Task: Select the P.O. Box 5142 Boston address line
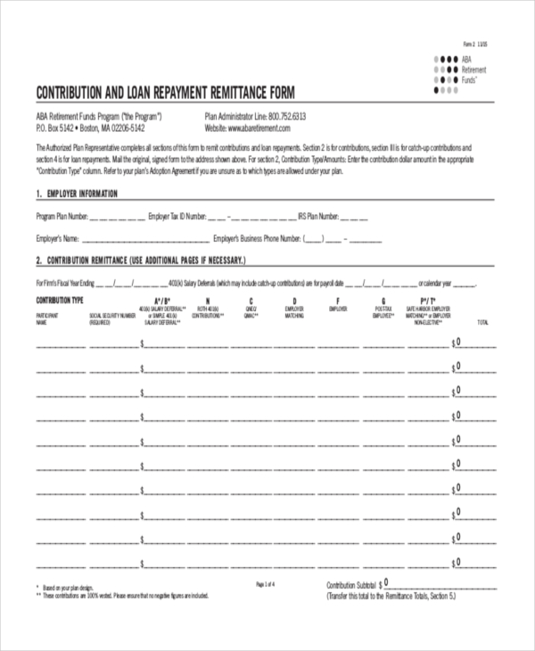point(89,128)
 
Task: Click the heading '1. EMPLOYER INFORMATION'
point(77,194)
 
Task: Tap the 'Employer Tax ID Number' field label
point(177,216)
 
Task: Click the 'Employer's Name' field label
point(58,239)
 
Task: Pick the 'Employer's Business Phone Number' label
point(257,239)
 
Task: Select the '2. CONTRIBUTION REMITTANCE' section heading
point(139,260)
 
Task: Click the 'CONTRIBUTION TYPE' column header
point(60,300)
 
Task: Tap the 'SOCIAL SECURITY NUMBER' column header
point(112,316)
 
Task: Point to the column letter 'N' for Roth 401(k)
point(208,301)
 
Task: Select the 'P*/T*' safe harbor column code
point(428,301)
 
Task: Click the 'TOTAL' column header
point(483,322)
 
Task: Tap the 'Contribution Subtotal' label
point(353,586)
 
